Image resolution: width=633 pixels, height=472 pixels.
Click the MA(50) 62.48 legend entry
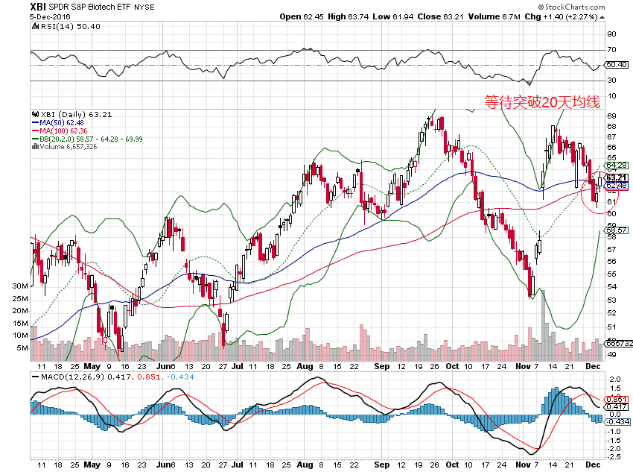tap(59, 123)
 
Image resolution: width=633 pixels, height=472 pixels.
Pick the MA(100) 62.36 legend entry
tap(60, 131)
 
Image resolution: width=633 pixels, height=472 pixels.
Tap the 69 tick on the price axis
tap(611, 116)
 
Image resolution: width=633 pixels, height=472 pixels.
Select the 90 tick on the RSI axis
tap(611, 34)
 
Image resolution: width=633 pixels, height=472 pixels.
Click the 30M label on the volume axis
tap(20, 286)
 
